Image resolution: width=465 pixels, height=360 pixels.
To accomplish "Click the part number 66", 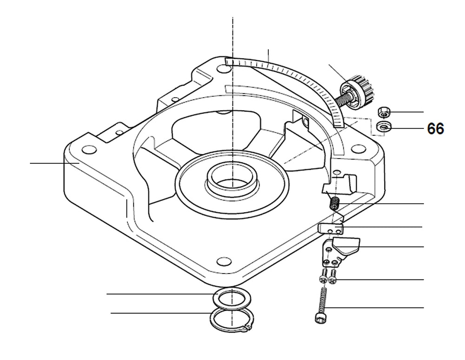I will tap(435, 129).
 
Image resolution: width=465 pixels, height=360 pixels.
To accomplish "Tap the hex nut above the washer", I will tap(384, 112).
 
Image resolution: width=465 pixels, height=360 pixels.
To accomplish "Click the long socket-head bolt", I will tap(321, 305).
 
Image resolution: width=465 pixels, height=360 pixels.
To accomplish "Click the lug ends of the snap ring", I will tap(246, 330).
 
